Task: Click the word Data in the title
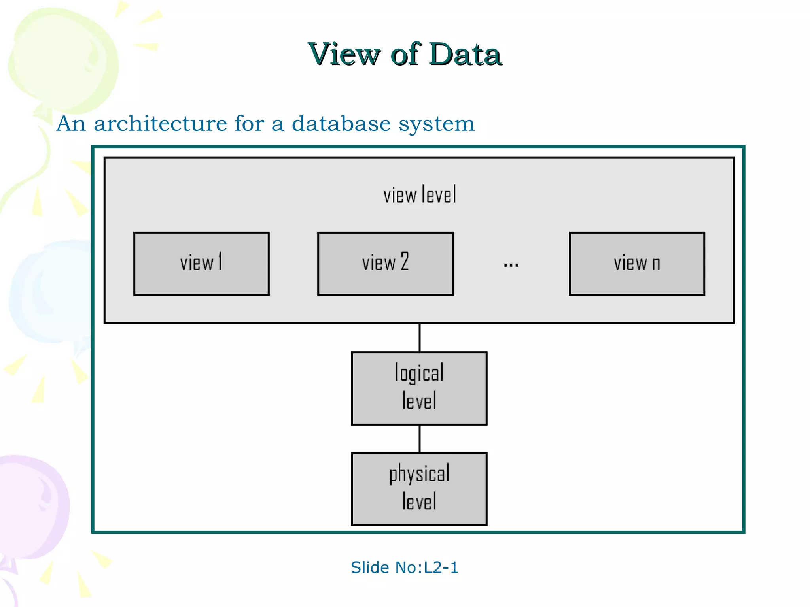pyautogui.click(x=465, y=55)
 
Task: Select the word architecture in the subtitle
pyautogui.click(x=160, y=124)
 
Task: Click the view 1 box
pyautogui.click(x=201, y=264)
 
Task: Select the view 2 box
pyautogui.click(x=385, y=264)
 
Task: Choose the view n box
pyautogui.click(x=637, y=264)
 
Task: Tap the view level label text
pyautogui.click(x=420, y=195)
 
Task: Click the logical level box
pyautogui.click(x=419, y=388)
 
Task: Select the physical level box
pyautogui.click(x=419, y=489)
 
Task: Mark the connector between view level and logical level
pyautogui.click(x=420, y=338)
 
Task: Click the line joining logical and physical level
pyautogui.click(x=420, y=439)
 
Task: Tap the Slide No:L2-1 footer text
pyautogui.click(x=404, y=567)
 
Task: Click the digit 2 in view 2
pyautogui.click(x=405, y=262)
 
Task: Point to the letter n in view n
pyautogui.click(x=656, y=264)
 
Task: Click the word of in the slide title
pyautogui.click(x=405, y=55)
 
